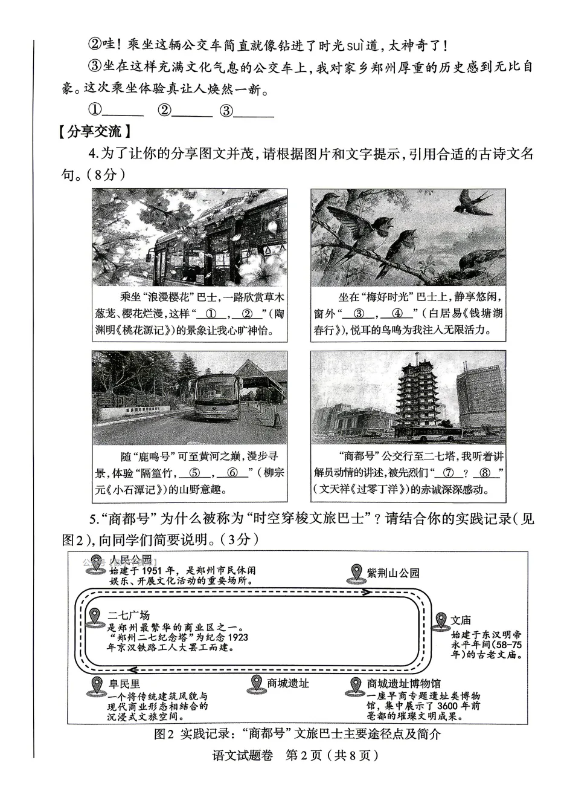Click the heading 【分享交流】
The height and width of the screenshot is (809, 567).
click(94, 132)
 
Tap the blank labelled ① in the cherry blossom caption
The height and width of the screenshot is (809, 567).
click(211, 314)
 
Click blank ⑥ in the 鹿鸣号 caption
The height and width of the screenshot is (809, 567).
click(232, 473)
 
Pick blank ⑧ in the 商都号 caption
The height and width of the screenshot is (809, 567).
click(485, 473)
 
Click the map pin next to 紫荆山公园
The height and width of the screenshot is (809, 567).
click(356, 573)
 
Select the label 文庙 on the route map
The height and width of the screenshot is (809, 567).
click(461, 620)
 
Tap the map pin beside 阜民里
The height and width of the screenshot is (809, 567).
click(96, 686)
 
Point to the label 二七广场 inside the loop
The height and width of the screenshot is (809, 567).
click(129, 615)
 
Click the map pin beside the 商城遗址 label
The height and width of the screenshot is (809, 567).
click(256, 684)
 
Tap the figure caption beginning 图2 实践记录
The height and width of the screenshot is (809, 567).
click(297, 734)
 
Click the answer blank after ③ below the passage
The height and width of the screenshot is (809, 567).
click(254, 111)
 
